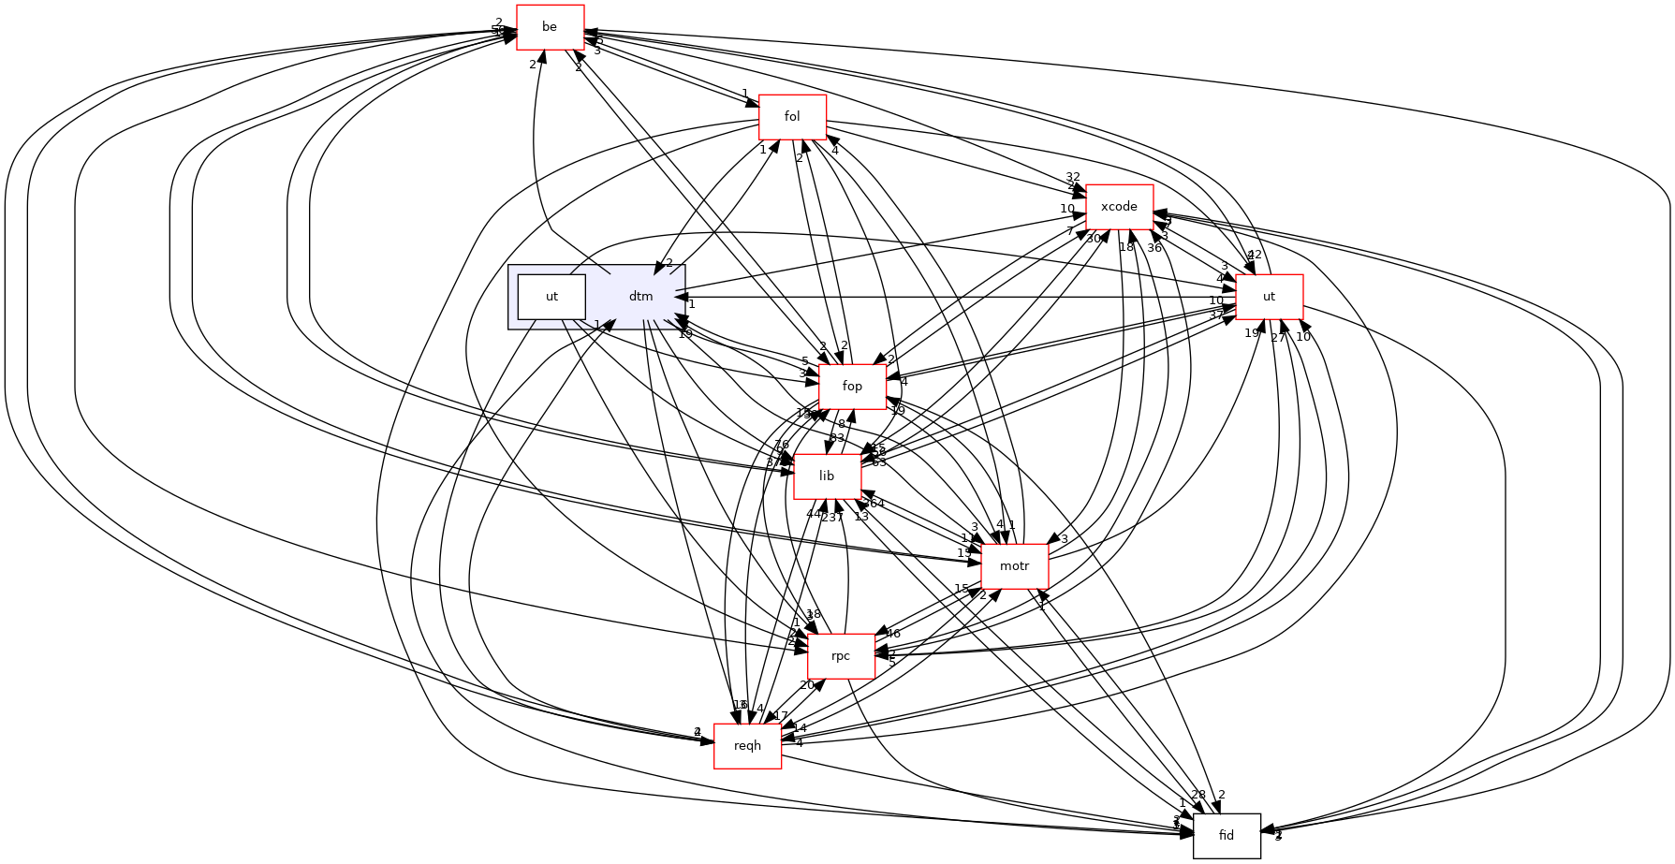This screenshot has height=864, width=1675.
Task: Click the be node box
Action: pos(550,27)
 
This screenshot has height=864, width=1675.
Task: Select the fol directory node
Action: pos(792,117)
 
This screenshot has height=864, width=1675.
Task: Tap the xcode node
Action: pos(1119,207)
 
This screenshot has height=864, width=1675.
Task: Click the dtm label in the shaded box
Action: pos(640,297)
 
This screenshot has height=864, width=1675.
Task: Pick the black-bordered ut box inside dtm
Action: pos(551,297)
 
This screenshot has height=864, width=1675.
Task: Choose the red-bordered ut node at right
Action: pos(1269,297)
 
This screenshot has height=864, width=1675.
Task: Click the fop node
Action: pos(852,387)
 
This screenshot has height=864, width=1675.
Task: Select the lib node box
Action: pos(827,476)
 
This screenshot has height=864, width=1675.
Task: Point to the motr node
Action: pos(1014,566)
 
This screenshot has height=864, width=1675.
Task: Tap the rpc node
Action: pos(841,656)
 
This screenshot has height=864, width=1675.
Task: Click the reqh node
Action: pos(747,746)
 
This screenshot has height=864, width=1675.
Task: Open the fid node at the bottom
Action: pos(1227,836)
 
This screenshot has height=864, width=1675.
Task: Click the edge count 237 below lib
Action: pos(832,517)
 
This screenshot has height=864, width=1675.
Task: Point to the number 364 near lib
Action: pos(874,504)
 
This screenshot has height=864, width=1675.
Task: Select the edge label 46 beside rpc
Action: pos(892,634)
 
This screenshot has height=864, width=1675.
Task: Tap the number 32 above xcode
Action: pos(1073,177)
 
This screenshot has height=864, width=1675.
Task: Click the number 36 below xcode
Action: pos(1154,247)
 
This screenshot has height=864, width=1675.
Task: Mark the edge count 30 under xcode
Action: pos(1094,239)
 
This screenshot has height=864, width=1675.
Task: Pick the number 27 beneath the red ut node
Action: pos(1278,338)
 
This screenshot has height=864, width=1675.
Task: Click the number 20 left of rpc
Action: pos(806,685)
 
